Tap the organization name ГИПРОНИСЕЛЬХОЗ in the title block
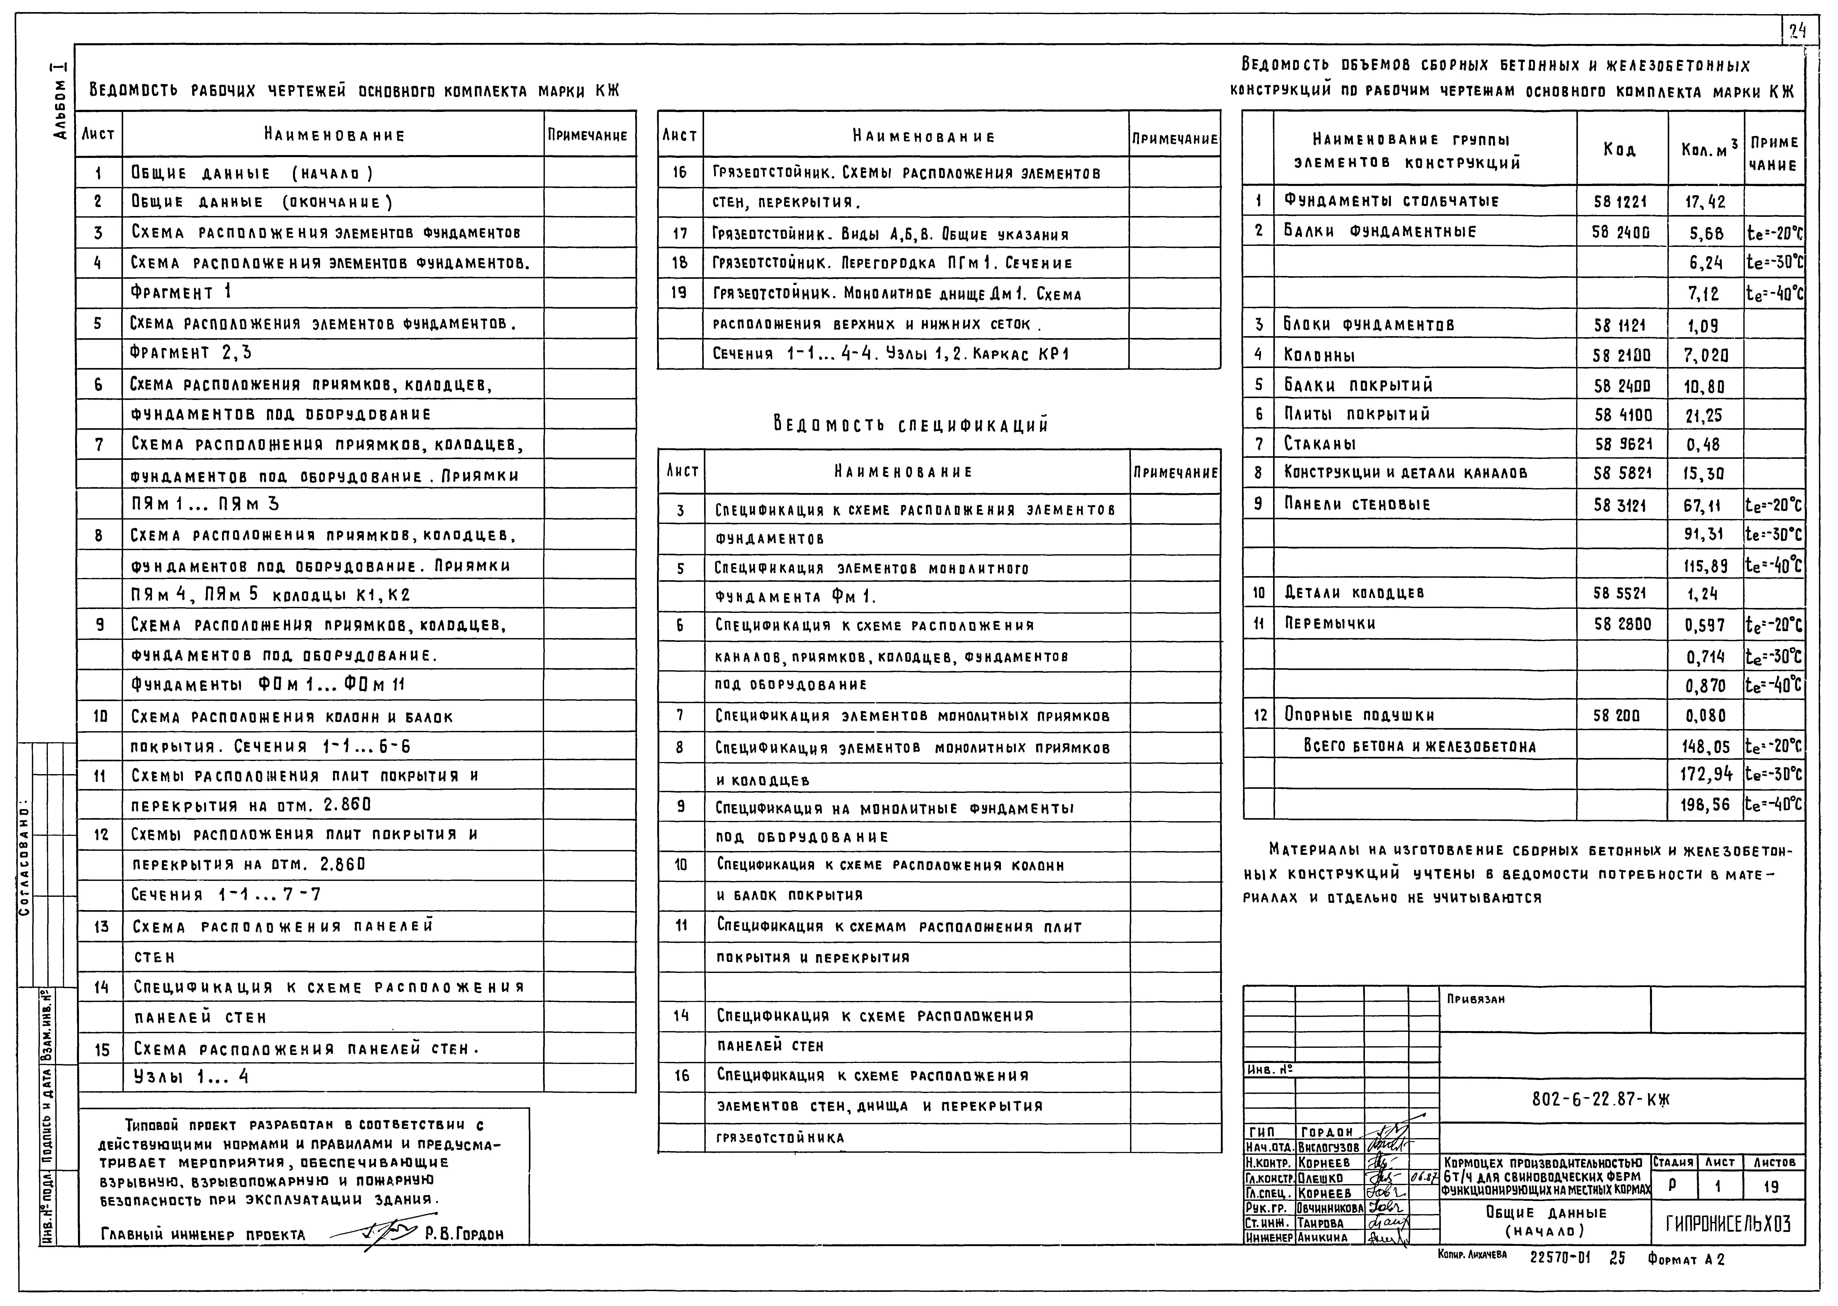[x=1726, y=1224]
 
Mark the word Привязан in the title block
[x=1475, y=999]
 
